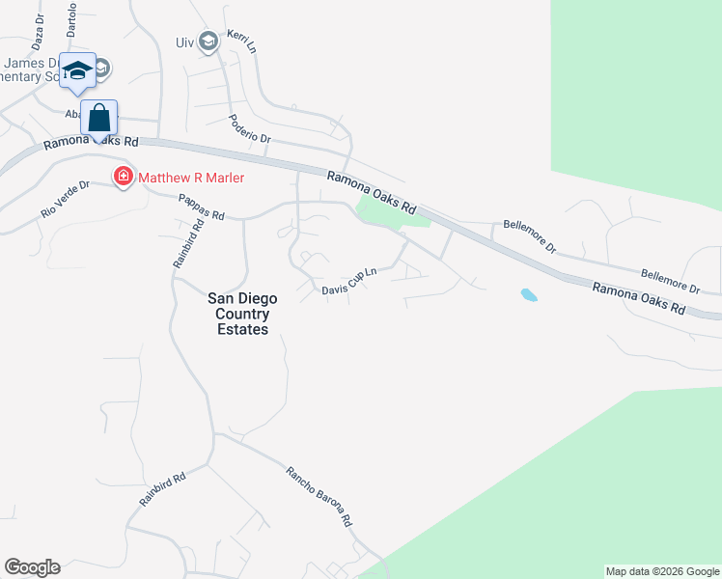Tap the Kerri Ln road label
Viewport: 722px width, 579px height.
click(x=241, y=41)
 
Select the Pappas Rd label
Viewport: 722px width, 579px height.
click(x=201, y=207)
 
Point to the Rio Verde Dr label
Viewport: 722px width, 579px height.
click(x=65, y=198)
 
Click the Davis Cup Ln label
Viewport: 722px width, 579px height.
click(x=347, y=283)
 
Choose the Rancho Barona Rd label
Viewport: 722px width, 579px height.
click(x=319, y=496)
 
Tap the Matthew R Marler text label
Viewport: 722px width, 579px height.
click(x=191, y=178)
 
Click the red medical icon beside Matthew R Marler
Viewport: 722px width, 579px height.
click(x=124, y=178)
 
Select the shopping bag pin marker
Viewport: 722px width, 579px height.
click(x=98, y=119)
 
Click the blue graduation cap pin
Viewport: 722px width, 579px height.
click(x=77, y=71)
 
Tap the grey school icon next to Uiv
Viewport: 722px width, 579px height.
click(x=208, y=41)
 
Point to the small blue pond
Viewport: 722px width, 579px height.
click(x=528, y=294)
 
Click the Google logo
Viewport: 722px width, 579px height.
click(x=32, y=567)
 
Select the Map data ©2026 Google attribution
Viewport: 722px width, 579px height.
click(x=662, y=571)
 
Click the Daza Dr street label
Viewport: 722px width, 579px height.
click(x=39, y=32)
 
